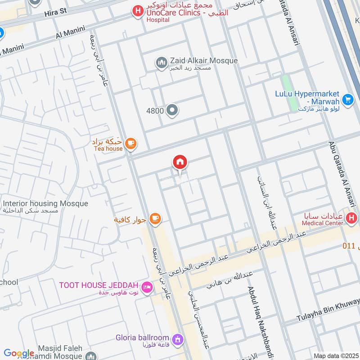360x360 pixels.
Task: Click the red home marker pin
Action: pyautogui.click(x=180, y=162)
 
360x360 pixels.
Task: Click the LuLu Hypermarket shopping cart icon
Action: pyautogui.click(x=347, y=99)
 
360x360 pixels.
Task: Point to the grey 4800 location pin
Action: pyautogui.click(x=171, y=110)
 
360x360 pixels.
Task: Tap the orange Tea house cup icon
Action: pyautogui.click(x=130, y=144)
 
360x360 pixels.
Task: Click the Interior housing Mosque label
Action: pyautogui.click(x=45, y=204)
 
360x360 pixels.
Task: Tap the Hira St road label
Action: pyautogui.click(x=55, y=14)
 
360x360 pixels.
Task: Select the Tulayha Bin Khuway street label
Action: pyautogui.click(x=328, y=311)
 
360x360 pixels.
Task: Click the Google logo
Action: pyautogui.click(x=19, y=353)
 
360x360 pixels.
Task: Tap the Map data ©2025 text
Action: pyautogui.click(x=335, y=355)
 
